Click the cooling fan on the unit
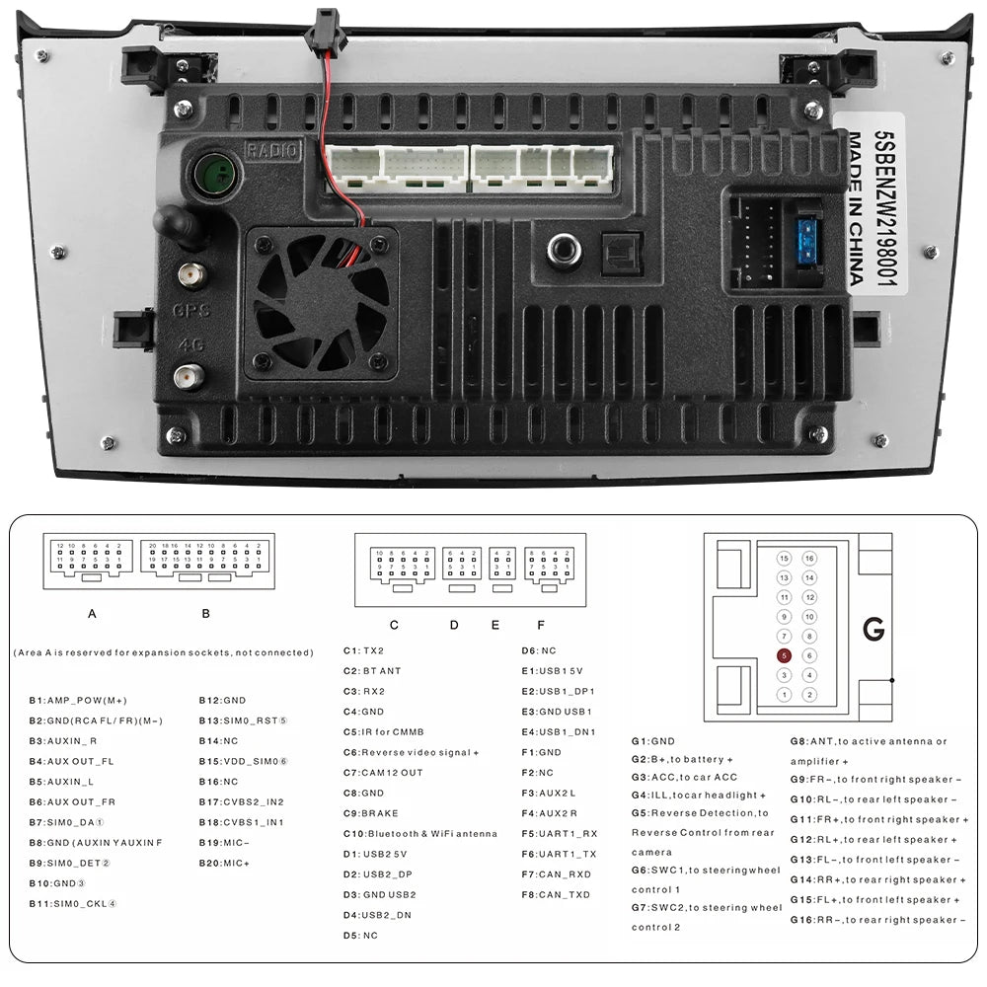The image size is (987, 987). click(321, 301)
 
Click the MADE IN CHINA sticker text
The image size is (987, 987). click(857, 208)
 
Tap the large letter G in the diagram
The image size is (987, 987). click(873, 630)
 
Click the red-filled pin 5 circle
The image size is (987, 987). click(784, 655)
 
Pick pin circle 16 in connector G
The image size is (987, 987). click(809, 559)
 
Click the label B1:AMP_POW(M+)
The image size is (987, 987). click(78, 701)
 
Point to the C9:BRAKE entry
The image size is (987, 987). click(371, 813)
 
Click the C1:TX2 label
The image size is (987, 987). click(363, 651)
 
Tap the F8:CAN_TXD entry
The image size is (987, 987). click(556, 894)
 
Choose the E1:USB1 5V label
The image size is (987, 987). click(559, 671)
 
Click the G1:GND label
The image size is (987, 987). click(653, 741)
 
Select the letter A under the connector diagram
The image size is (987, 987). click(92, 613)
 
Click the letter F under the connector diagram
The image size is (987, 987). click(540, 624)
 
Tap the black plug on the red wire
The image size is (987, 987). click(322, 23)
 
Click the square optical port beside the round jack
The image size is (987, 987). click(622, 254)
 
